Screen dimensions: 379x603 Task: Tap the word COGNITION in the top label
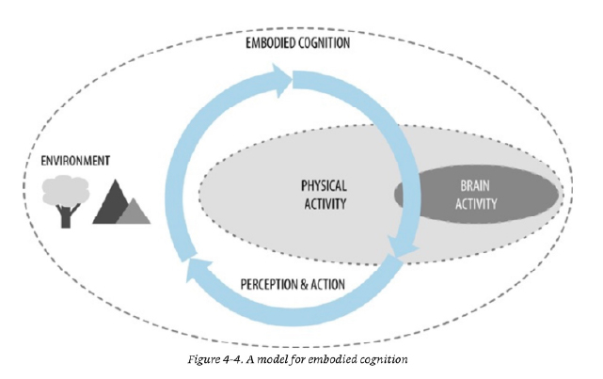(328, 43)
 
